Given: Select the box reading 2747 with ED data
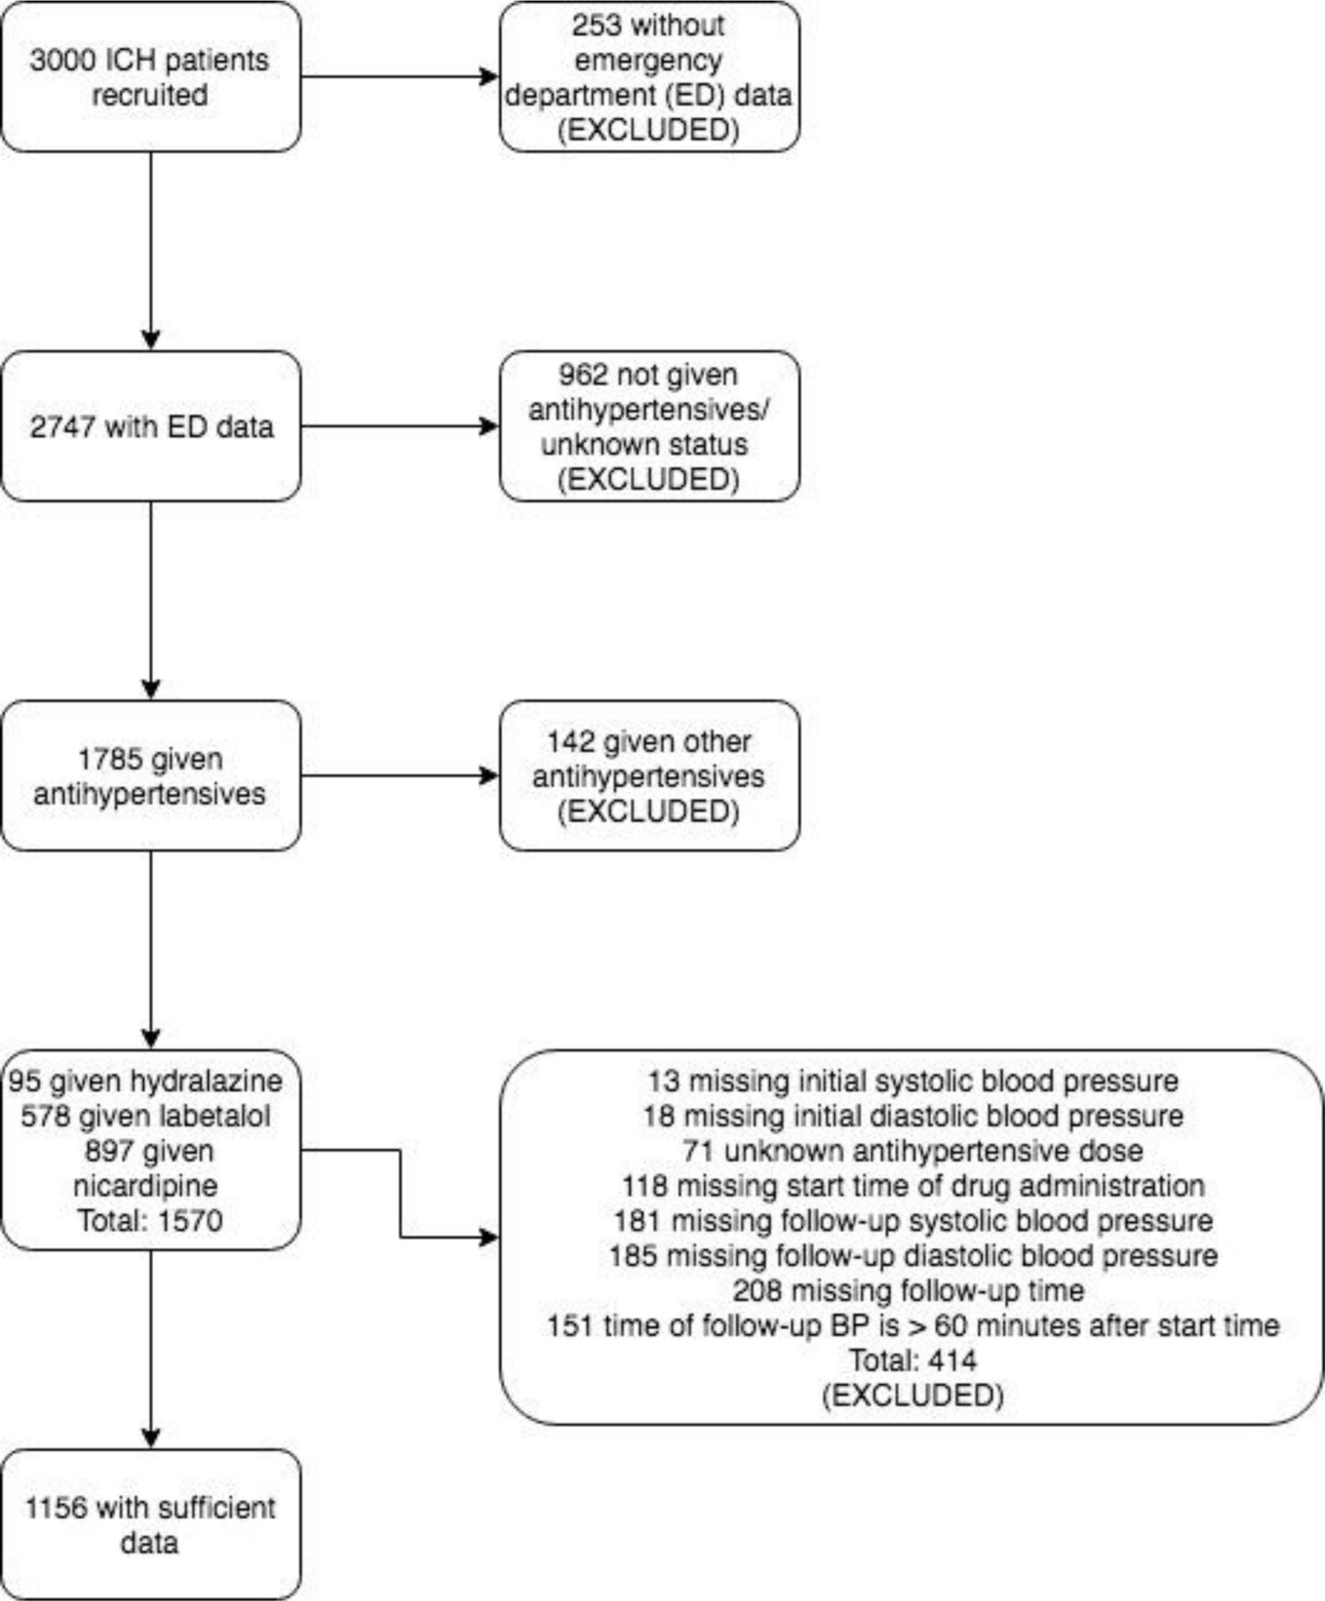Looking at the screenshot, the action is (x=151, y=426).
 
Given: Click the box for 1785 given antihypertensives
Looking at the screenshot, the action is (x=151, y=776).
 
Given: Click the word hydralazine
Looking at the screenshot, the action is (x=206, y=1081).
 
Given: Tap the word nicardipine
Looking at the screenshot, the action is (x=146, y=1186).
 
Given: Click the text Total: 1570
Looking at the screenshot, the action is (x=149, y=1220).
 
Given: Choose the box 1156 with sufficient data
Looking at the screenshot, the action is (x=151, y=1525).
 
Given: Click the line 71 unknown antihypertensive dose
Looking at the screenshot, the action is (x=912, y=1151).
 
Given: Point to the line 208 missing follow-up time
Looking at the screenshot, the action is (x=909, y=1291).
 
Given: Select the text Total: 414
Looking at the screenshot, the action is (x=912, y=1360).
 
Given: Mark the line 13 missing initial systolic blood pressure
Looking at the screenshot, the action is (x=912, y=1082).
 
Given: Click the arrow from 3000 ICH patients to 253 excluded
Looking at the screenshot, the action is (x=400, y=76).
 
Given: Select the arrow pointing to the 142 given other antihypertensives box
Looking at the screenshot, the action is (x=400, y=776).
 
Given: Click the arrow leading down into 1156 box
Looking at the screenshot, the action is (x=151, y=1349).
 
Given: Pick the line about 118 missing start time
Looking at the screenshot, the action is (x=912, y=1186).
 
